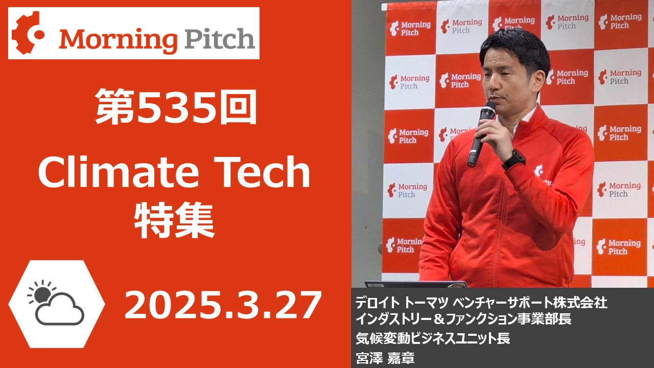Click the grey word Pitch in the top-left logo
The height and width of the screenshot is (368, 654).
pyautogui.click(x=220, y=38)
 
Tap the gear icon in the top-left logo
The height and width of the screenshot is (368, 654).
pyautogui.click(x=28, y=33)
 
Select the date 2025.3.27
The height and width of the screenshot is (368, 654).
pyautogui.click(x=222, y=305)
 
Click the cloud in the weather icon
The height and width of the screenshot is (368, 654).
pyautogui.click(x=60, y=310)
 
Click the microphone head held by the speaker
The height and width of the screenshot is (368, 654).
pyautogui.click(x=487, y=110)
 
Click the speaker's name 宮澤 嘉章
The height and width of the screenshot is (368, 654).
pyautogui.click(x=385, y=358)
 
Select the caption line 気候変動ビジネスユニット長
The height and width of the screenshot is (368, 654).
pyautogui.click(x=433, y=338)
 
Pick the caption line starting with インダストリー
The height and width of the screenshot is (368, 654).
pyautogui.click(x=463, y=318)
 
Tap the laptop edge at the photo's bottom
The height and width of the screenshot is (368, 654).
pyautogui.click(x=415, y=284)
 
